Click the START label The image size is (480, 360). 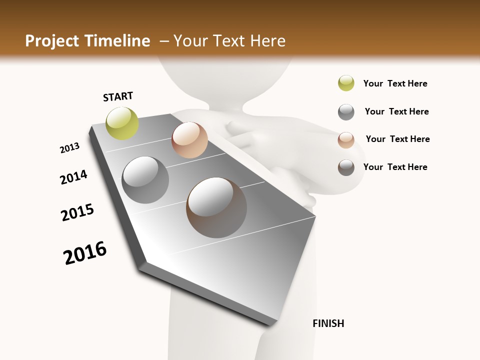(x=118, y=96)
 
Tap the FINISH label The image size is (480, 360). (x=328, y=323)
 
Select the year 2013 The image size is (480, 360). (x=69, y=148)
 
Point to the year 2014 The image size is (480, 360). (x=73, y=177)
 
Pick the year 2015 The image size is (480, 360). (x=77, y=212)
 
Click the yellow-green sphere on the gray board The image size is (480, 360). (x=122, y=123)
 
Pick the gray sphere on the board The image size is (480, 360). (x=145, y=180)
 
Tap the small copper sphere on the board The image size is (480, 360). (x=189, y=140)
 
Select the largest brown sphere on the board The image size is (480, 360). (x=216, y=207)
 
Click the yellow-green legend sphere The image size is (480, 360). (x=346, y=83)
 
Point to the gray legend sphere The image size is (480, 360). (x=346, y=112)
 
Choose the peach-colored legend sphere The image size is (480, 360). (x=346, y=140)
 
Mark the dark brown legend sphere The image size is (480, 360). (x=346, y=167)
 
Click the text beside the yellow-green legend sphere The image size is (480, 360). (x=395, y=83)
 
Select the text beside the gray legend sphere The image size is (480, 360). (x=396, y=111)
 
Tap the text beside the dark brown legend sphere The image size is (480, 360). (x=395, y=167)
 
